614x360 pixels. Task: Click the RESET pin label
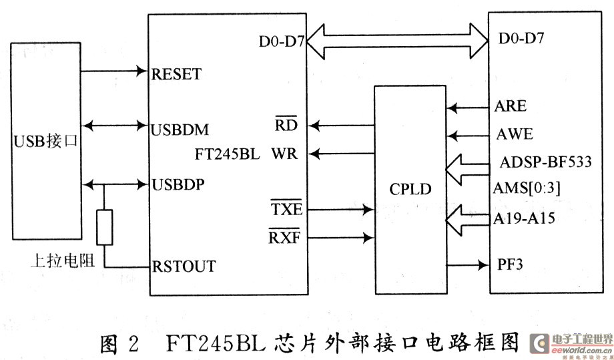(x=176, y=74)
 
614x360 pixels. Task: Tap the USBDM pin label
(x=180, y=130)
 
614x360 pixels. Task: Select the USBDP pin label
(x=178, y=184)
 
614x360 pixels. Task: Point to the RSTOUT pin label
(x=184, y=266)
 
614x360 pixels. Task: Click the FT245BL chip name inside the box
(x=227, y=154)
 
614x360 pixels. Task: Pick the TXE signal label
(x=287, y=209)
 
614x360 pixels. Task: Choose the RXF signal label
(x=284, y=236)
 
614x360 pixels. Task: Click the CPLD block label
(x=410, y=189)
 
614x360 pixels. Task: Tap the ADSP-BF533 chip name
(x=545, y=162)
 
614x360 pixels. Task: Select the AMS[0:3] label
(x=527, y=188)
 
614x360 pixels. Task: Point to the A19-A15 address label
(x=524, y=218)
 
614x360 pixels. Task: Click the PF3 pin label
(x=510, y=264)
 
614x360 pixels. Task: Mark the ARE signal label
(x=511, y=106)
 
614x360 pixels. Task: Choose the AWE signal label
(x=515, y=134)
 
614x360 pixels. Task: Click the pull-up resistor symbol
(x=105, y=228)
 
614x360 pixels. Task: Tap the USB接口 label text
(x=46, y=142)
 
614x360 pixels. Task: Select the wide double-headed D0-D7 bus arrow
(x=397, y=41)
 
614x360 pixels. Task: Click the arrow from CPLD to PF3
(x=468, y=265)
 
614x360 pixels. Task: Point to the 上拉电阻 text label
(x=63, y=260)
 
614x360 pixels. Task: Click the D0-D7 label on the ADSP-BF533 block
(x=521, y=38)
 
